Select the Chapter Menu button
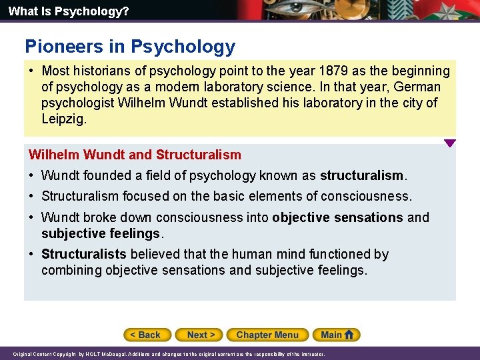pos(267,335)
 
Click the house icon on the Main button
pos(351,335)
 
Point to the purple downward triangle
pos(450,143)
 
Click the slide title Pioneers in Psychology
pos(130,47)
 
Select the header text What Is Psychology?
pos(59,11)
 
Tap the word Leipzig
pos(64,119)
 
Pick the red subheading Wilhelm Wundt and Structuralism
pos(135,155)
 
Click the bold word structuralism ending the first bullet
pos(361,176)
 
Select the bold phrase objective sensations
pos(337,217)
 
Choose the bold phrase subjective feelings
pos(101,233)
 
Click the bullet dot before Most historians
pos(31,71)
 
